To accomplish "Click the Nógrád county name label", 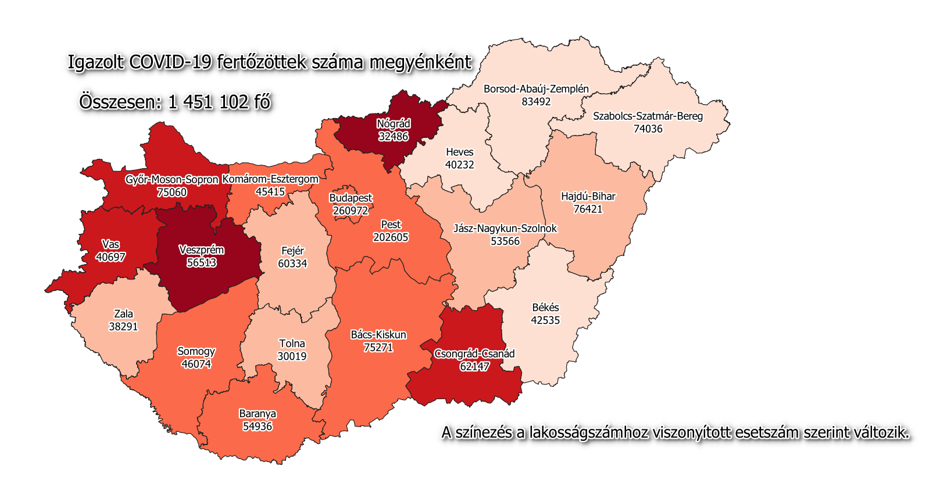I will (394, 123).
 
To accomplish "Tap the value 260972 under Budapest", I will (351, 211).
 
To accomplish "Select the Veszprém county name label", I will (201, 250).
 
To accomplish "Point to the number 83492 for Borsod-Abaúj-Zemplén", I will (536, 102).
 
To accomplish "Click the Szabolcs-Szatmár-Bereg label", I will (648, 116).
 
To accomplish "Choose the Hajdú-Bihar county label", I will (588, 196).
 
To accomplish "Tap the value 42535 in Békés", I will (545, 320).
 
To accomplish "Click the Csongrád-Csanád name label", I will (474, 354).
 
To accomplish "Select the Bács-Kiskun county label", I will (378, 335).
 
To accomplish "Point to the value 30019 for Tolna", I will (292, 356).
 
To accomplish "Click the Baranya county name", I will (258, 414).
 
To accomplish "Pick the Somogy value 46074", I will (196, 364).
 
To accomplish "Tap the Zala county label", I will (123, 314).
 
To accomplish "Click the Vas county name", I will (110, 244).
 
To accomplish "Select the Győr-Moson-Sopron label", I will (171, 180).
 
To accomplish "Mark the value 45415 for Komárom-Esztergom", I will (270, 191).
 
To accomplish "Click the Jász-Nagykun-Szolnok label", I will (505, 228).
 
